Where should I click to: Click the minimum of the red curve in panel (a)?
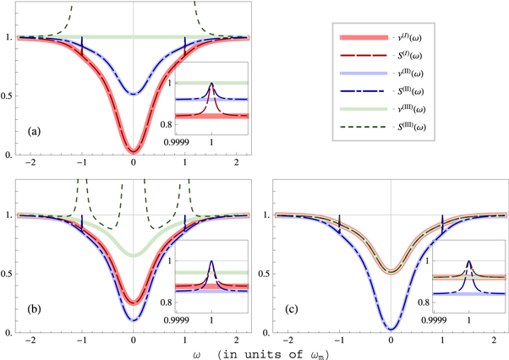click(134, 151)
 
